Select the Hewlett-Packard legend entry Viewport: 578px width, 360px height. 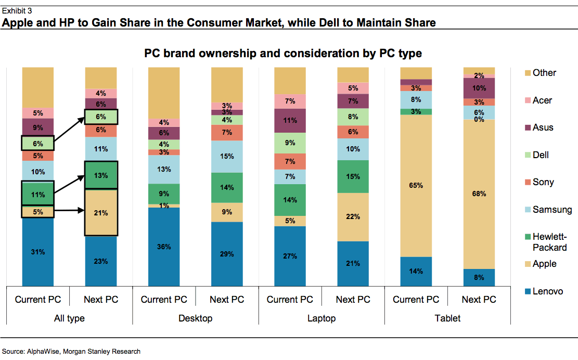click(549, 242)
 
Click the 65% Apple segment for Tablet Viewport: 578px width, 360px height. click(416, 185)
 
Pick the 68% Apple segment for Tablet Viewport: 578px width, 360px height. click(479, 194)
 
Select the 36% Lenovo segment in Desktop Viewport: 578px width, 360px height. click(164, 247)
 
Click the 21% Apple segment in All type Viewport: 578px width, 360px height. click(101, 213)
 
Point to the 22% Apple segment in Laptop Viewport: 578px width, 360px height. click(353, 217)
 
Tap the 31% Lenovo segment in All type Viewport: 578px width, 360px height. click(38, 252)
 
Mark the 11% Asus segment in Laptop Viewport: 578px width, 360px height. click(290, 121)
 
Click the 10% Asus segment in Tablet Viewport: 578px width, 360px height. click(479, 88)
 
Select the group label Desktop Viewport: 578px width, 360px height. click(195, 318)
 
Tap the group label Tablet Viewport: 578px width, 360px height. click(447, 318)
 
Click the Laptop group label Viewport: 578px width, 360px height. click(321, 318)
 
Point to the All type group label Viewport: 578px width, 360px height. click(69, 318)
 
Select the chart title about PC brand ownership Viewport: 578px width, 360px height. click(282, 53)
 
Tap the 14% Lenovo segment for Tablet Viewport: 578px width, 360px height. click(416, 271)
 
